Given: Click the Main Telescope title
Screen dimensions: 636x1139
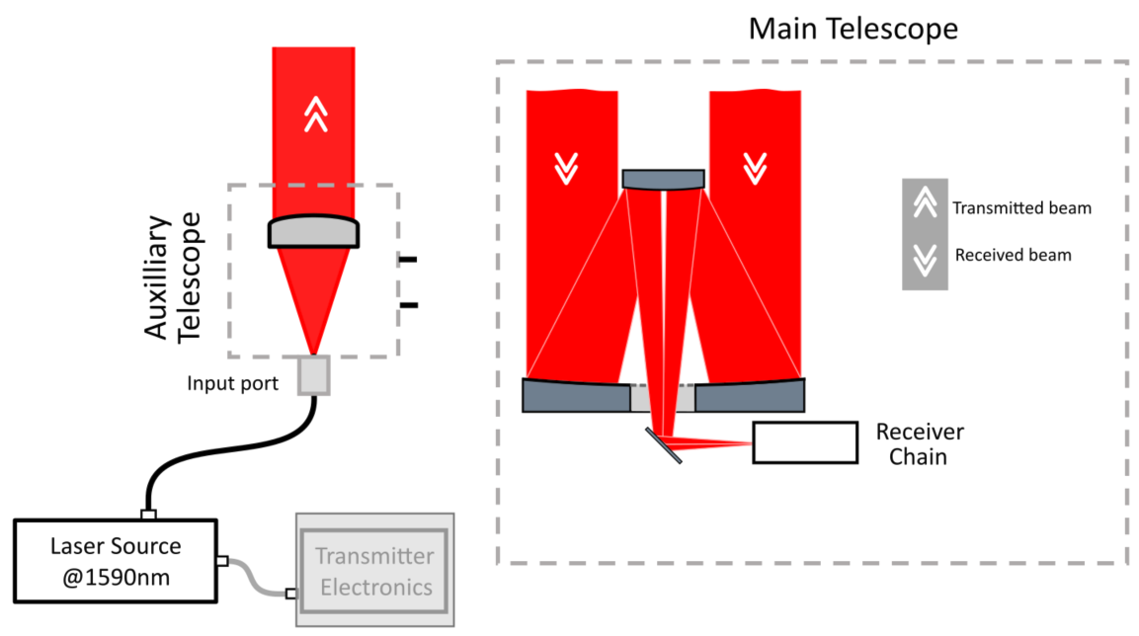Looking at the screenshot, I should click(x=853, y=29).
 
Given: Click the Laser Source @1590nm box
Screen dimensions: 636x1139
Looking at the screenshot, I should click(x=116, y=561).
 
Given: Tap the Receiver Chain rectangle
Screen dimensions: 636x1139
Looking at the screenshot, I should click(x=804, y=442).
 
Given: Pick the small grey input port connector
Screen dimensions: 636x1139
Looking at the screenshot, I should click(x=313, y=376).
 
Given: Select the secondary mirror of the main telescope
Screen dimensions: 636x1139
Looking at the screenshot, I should click(x=664, y=179).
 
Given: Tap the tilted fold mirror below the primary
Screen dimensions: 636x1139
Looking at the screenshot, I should click(x=664, y=445).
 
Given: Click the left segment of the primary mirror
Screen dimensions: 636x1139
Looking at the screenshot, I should click(x=575, y=396).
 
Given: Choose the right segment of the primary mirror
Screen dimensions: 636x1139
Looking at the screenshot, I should click(x=750, y=396).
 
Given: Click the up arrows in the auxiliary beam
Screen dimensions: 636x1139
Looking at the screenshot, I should click(x=314, y=117).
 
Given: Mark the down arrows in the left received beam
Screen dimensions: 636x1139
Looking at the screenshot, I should click(x=566, y=169).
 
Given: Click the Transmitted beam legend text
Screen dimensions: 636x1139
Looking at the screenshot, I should click(x=1021, y=208).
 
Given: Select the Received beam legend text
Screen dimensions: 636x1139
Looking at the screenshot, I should click(x=1013, y=255).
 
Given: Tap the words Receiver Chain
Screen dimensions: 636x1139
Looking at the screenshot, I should click(x=920, y=444).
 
